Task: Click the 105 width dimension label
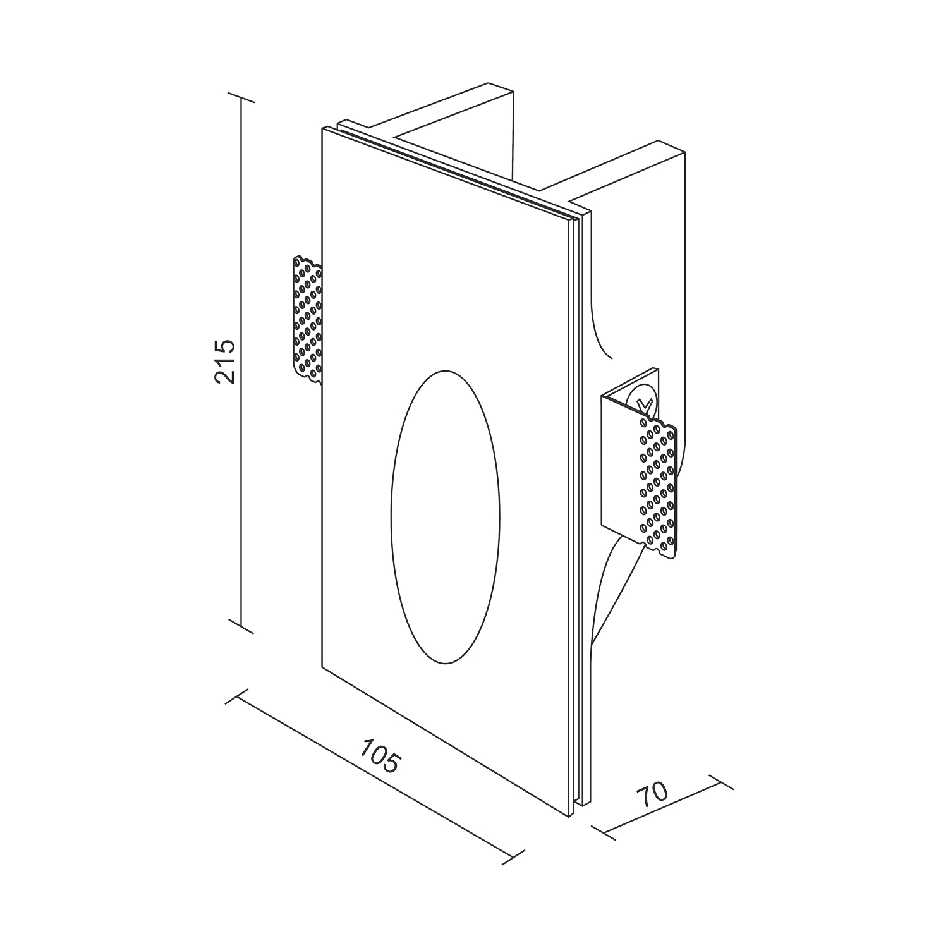[380, 755]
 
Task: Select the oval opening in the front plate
[446, 517]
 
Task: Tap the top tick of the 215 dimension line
[241, 97]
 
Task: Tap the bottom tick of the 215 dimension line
[241, 626]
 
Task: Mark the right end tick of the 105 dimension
[516, 856]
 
